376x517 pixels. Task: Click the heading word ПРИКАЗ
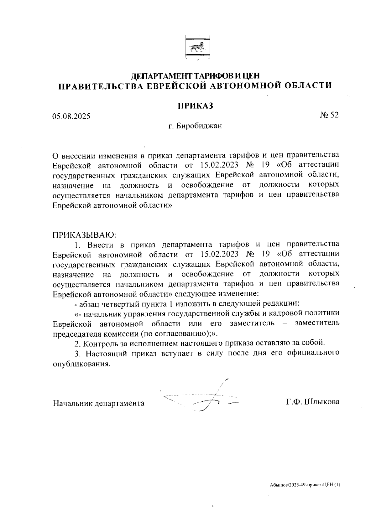(196, 106)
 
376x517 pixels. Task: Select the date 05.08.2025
(71, 116)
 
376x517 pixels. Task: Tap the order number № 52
(329, 115)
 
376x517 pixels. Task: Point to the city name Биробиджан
(199, 126)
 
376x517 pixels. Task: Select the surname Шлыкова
(322, 402)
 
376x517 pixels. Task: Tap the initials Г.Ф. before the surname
(294, 402)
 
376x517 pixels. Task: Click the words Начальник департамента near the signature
(99, 403)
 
